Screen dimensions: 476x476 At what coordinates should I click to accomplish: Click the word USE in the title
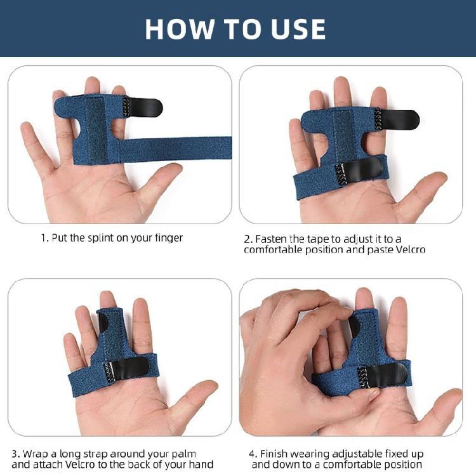tap(297, 29)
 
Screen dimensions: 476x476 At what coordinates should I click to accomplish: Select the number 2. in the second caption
tap(248, 239)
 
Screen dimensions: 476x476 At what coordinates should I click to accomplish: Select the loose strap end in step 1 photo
tap(209, 147)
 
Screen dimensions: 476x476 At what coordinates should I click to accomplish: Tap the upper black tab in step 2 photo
tap(400, 119)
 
